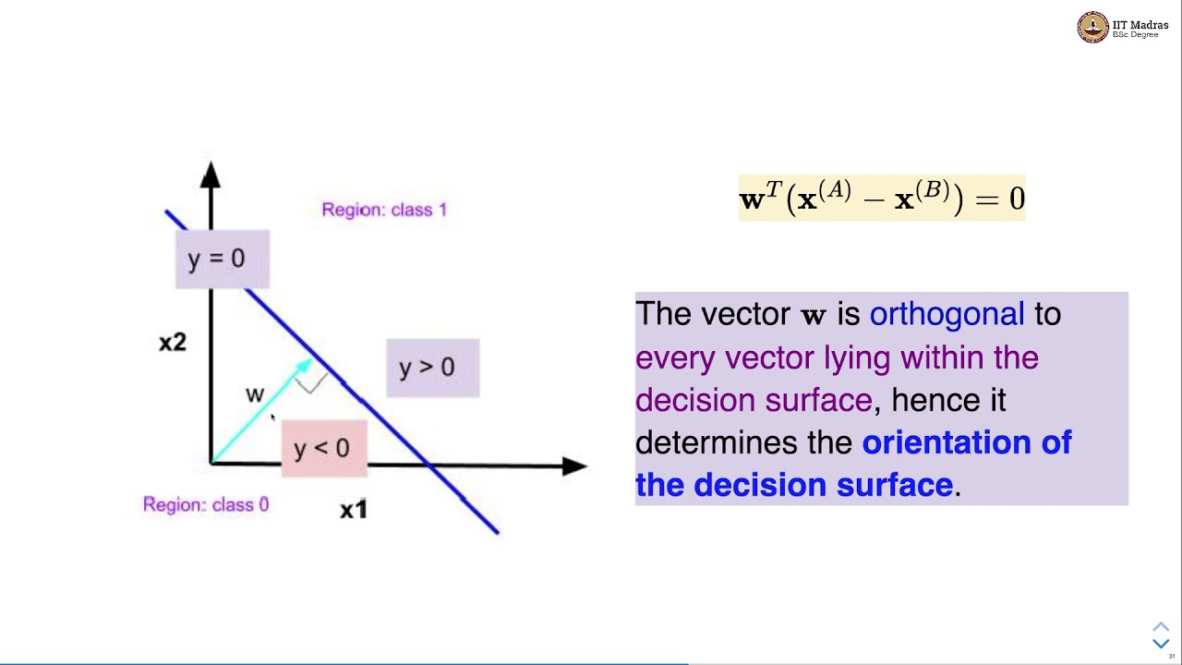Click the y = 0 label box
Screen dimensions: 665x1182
[x=222, y=259]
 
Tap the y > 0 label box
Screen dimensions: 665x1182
[x=432, y=368]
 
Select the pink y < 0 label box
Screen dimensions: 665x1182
[x=323, y=449]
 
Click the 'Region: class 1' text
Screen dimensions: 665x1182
[x=384, y=210]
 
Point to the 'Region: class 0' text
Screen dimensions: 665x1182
[x=206, y=504]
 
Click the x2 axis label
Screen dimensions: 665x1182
[x=173, y=343]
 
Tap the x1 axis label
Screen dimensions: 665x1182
[x=354, y=510]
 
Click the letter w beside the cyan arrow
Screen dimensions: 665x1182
[x=255, y=395]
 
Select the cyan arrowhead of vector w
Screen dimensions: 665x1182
[x=303, y=368]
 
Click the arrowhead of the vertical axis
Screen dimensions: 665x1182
[x=211, y=175]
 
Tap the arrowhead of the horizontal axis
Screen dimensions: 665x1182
[x=574, y=466]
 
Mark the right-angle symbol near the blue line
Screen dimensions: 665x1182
[x=312, y=383]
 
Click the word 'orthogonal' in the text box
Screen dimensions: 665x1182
[x=947, y=314]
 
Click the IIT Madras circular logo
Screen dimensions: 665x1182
[x=1093, y=28]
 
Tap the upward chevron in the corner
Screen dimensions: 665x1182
[x=1161, y=627]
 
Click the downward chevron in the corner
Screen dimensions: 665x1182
[x=1161, y=644]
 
